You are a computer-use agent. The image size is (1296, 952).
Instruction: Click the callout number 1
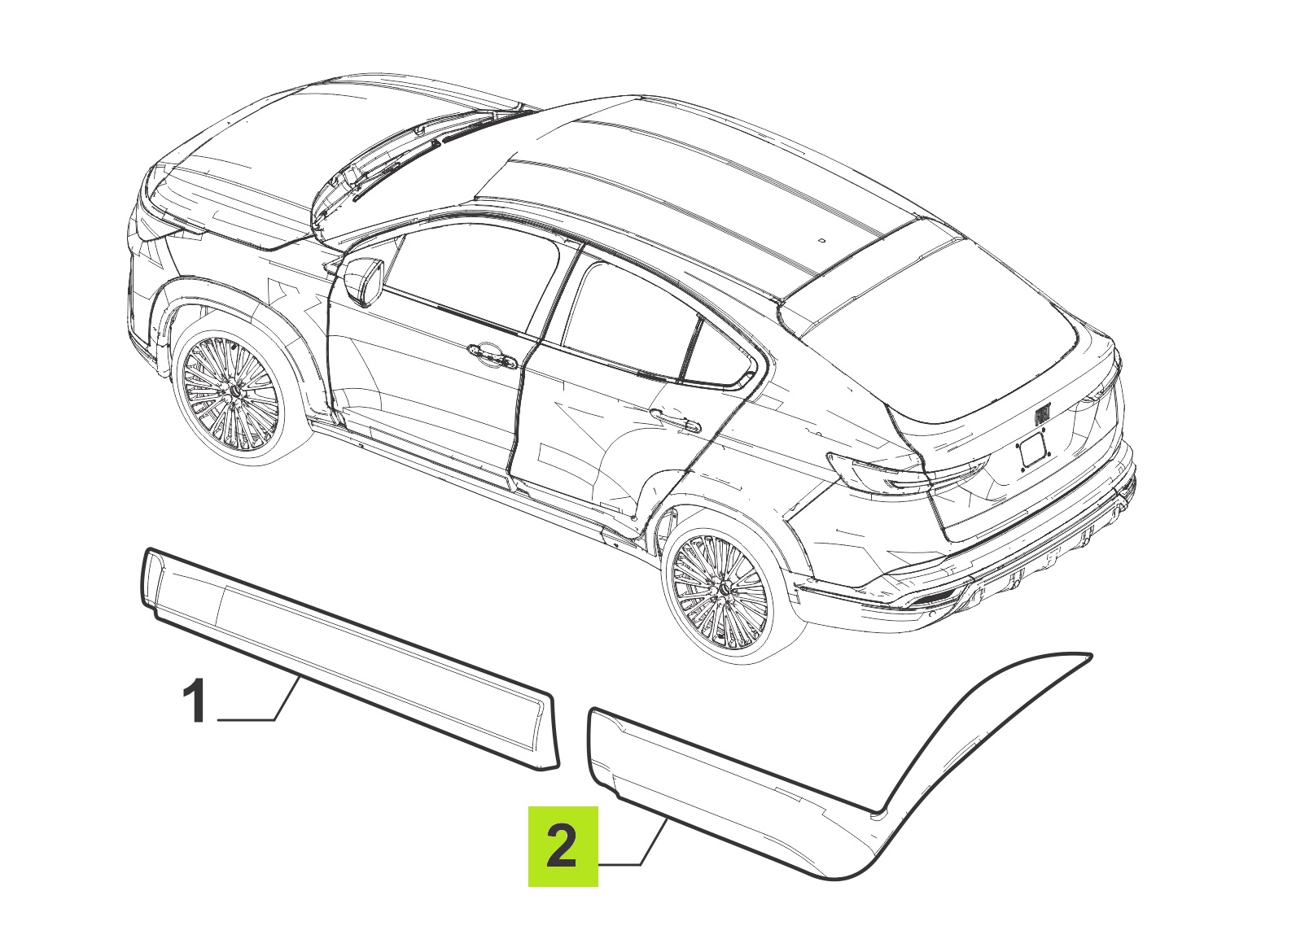coord(194,701)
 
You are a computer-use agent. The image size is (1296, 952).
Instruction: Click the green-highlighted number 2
coord(563,846)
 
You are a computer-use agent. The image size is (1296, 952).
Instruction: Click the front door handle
coord(492,355)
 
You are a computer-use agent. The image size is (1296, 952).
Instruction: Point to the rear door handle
coord(676,421)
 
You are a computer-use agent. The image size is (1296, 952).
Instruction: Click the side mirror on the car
coord(365,282)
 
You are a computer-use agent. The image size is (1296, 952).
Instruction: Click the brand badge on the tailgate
coord(1044,415)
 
